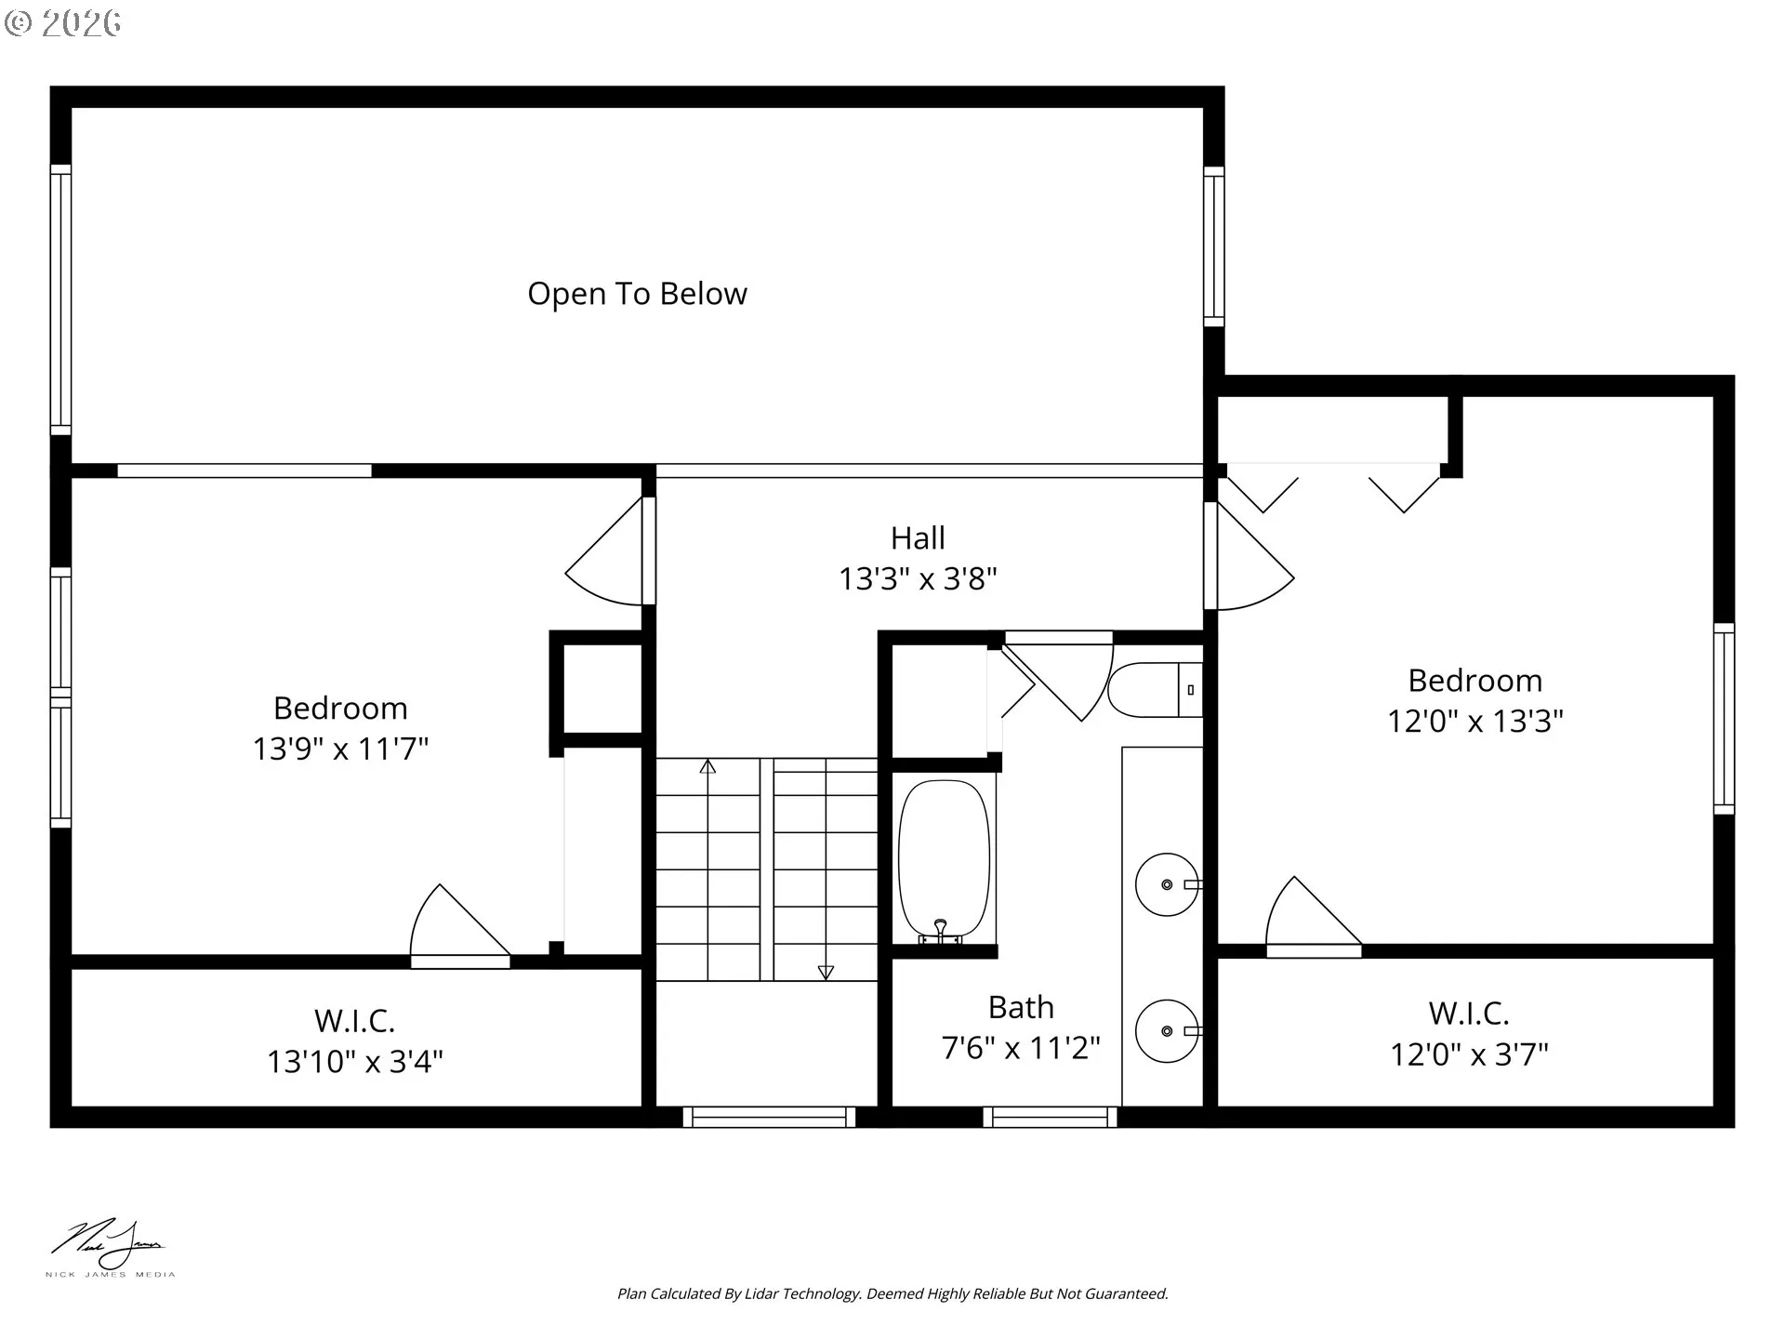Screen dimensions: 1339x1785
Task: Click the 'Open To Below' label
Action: (x=637, y=294)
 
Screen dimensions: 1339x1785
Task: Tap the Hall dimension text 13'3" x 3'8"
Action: (x=918, y=578)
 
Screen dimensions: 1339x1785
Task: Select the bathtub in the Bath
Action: (x=944, y=859)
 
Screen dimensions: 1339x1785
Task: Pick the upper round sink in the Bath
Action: (x=1166, y=884)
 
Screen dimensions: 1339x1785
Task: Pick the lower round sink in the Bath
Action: (x=1166, y=1030)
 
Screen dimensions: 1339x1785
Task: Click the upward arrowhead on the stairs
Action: (x=707, y=767)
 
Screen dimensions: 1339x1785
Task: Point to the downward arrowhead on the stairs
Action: (x=826, y=972)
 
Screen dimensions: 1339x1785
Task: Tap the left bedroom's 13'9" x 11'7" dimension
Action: (x=340, y=749)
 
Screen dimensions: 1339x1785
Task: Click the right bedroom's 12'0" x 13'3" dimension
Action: (x=1474, y=721)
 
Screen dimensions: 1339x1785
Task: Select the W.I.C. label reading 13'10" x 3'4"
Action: (x=354, y=1061)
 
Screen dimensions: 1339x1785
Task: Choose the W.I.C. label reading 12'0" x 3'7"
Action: (x=1469, y=1054)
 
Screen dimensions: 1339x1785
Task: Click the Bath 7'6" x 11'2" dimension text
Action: (x=1020, y=1048)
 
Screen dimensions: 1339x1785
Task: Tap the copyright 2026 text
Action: (x=63, y=22)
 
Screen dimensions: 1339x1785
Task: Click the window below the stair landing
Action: (x=769, y=1116)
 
